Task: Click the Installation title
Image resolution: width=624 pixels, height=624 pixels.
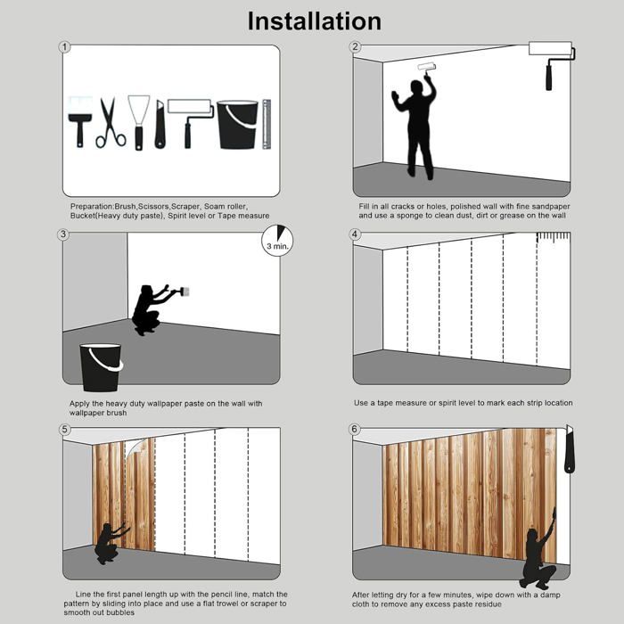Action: (315, 21)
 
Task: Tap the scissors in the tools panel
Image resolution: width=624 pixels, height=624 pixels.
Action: (111, 123)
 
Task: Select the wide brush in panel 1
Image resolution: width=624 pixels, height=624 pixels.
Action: (80, 121)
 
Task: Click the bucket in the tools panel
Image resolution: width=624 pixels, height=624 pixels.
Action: (238, 125)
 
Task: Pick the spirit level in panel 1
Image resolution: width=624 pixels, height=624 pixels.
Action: (267, 124)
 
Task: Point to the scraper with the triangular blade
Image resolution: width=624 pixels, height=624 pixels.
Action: (138, 123)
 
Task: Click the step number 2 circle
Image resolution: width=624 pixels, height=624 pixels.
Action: (355, 47)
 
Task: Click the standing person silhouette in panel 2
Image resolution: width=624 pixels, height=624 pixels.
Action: (416, 127)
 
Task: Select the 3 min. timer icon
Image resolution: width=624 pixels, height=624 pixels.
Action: (277, 241)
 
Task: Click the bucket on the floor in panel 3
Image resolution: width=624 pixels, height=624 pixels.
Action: (101, 367)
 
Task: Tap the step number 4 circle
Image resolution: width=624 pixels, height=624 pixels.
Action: (355, 234)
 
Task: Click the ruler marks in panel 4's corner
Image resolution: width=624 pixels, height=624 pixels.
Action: (554, 238)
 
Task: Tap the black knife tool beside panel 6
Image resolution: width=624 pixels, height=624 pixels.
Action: (570, 449)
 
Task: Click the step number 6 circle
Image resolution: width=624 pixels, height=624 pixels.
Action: (354, 430)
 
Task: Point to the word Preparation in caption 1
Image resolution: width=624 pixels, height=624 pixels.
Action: (92, 207)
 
